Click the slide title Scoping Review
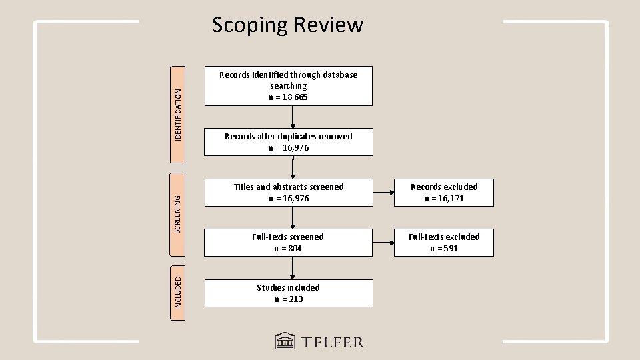tap(287, 25)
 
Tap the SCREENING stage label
tap(178, 203)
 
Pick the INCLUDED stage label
tap(178, 292)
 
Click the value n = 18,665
tap(288, 97)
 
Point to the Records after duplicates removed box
tap(288, 142)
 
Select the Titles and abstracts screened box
tap(288, 193)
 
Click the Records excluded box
tap(444, 193)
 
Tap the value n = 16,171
tap(444, 199)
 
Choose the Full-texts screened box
tap(288, 243)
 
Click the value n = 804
tap(288, 249)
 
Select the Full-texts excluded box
tap(444, 243)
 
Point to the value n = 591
tap(444, 249)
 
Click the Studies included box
tap(288, 293)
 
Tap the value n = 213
tap(288, 299)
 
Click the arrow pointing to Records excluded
tap(383, 193)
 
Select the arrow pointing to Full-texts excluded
tap(383, 243)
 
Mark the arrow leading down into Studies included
tap(292, 268)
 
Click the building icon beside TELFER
tap(285, 342)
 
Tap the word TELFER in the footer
tap(331, 343)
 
